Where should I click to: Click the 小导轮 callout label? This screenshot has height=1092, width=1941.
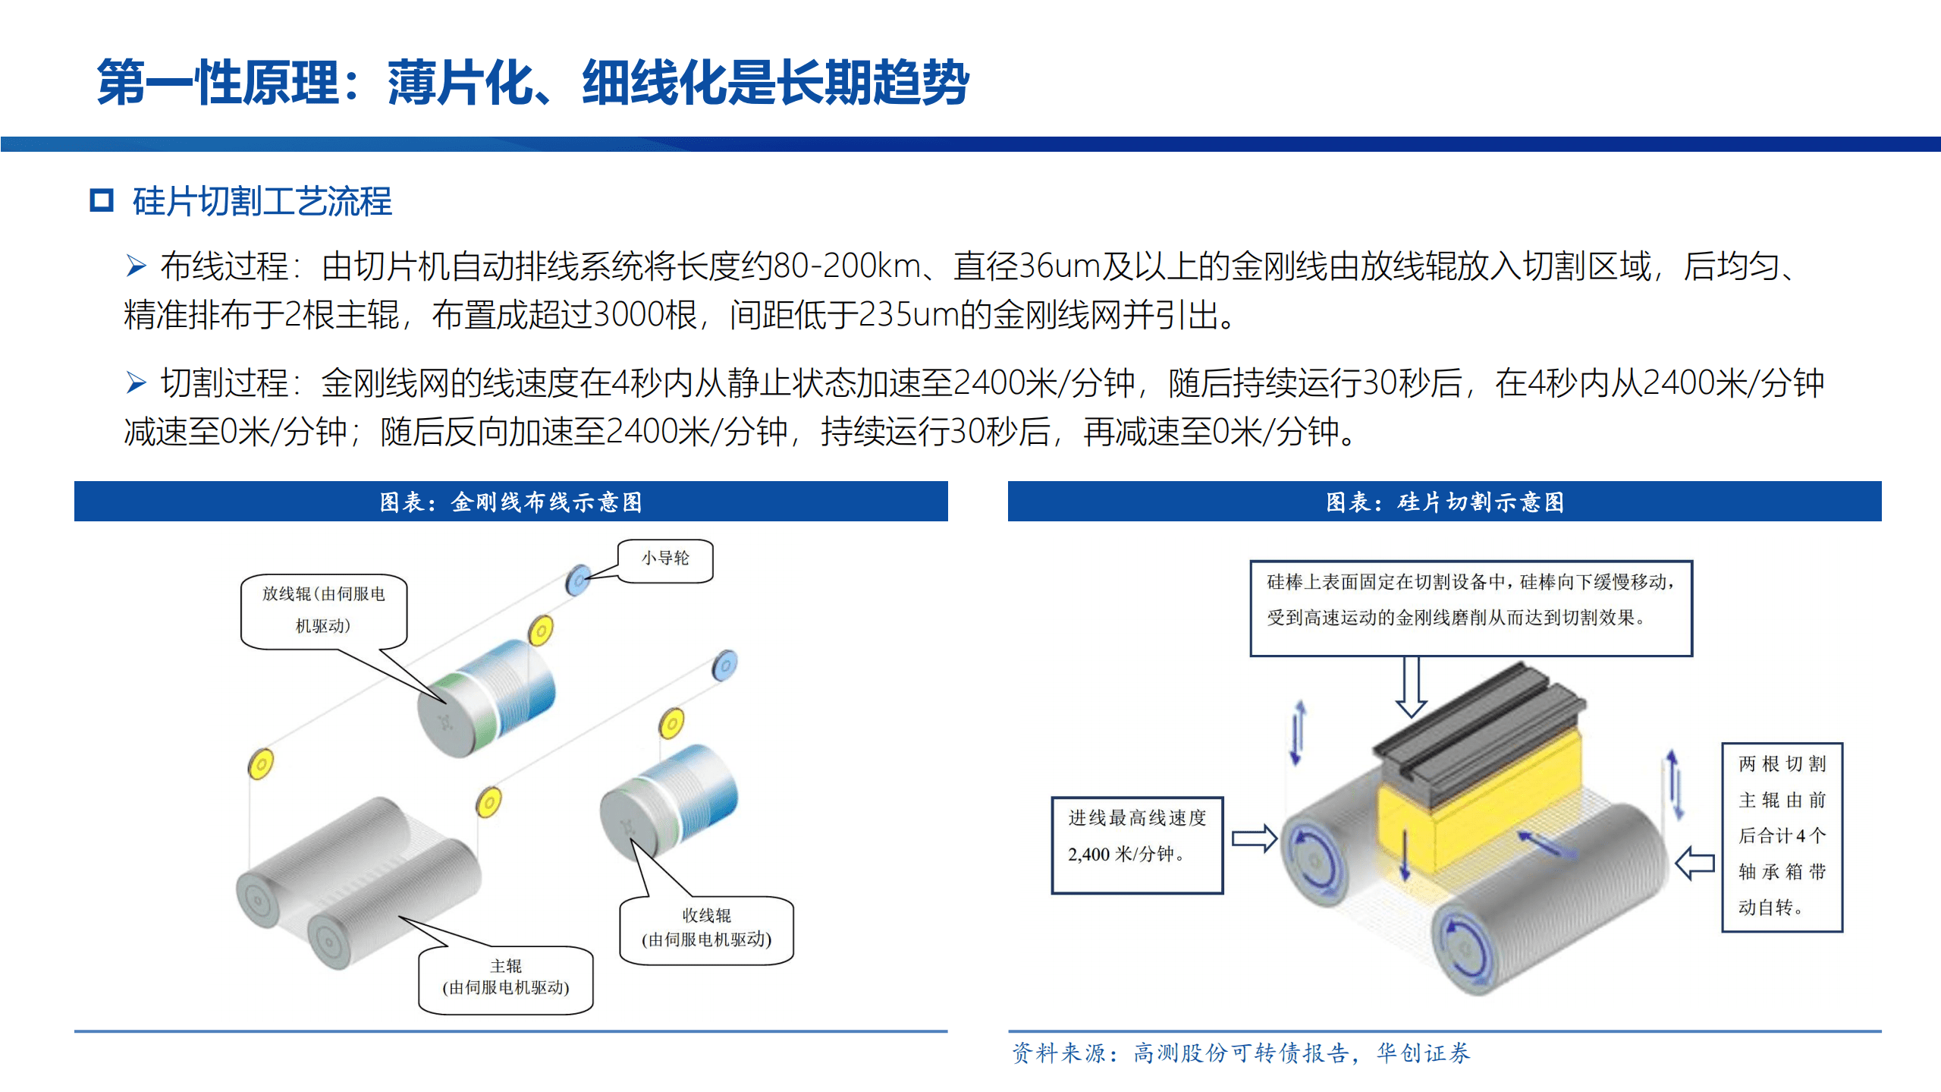coord(665,559)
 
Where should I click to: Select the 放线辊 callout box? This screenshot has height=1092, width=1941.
coord(324,610)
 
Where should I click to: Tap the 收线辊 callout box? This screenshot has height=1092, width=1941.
coord(706,929)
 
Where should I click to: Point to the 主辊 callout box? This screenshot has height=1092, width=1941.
coord(506,978)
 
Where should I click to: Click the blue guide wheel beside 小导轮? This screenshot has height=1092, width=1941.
coord(578,581)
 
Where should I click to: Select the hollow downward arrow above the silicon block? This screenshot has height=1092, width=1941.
coord(1411,687)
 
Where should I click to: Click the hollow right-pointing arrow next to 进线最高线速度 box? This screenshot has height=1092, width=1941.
coord(1254,839)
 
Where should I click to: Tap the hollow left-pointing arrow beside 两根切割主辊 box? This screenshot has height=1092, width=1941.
coord(1694,864)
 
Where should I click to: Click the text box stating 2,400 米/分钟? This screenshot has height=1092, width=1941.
coord(1137,845)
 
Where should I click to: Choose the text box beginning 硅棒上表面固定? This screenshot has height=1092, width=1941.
coord(1471,608)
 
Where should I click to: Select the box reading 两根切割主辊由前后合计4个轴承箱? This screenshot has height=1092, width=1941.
coord(1781,836)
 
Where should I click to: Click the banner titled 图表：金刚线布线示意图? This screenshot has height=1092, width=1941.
coord(510,502)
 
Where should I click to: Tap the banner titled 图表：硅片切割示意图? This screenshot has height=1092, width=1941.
coord(1444,502)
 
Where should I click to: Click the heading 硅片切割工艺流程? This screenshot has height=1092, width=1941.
coord(262,202)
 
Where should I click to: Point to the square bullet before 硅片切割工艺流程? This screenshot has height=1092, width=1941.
coord(102,201)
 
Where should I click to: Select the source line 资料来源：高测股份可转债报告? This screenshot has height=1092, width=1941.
coord(1241,1053)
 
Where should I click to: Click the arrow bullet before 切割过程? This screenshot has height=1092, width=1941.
coord(136,383)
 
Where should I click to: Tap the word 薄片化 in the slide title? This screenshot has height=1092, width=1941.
coord(460,83)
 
